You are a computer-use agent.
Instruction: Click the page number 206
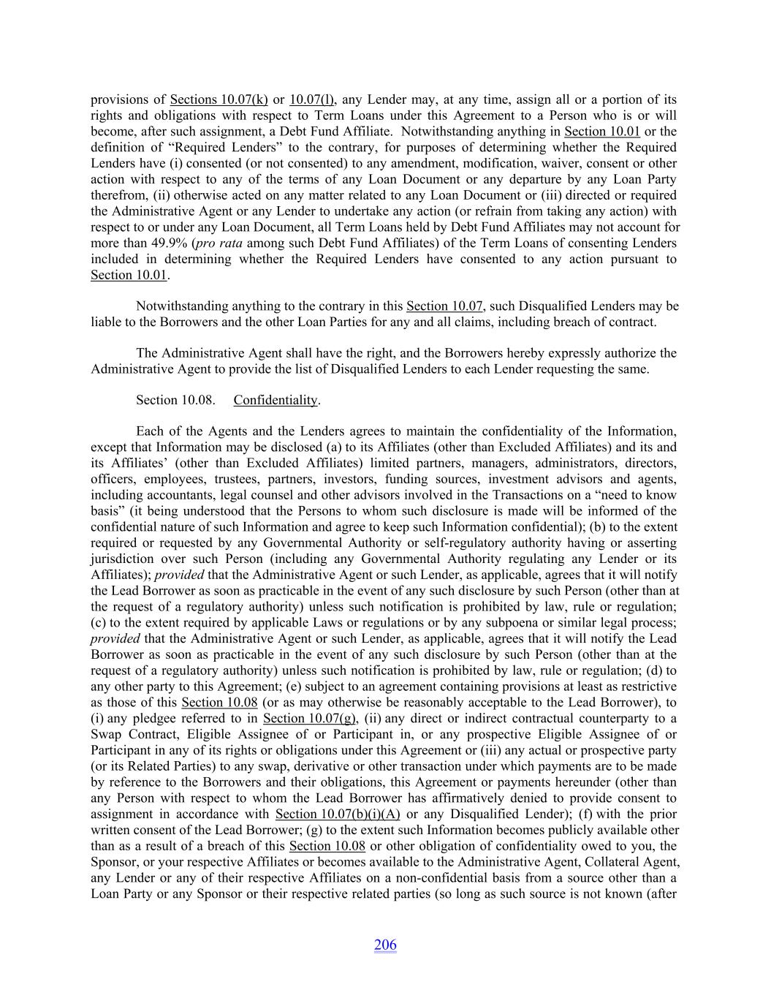tap(385, 945)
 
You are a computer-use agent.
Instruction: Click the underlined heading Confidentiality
tap(276, 400)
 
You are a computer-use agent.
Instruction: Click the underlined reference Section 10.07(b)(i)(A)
tap(338, 814)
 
